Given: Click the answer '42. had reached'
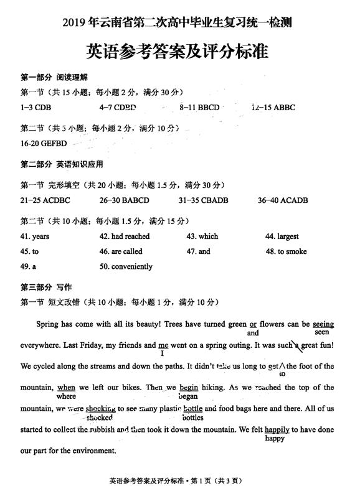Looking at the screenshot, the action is (x=125, y=236).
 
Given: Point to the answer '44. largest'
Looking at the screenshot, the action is (x=282, y=236).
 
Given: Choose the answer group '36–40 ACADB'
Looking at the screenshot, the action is (x=283, y=200).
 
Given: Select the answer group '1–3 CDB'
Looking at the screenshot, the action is (x=35, y=108).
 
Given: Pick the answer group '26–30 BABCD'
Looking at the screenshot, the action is (x=125, y=200).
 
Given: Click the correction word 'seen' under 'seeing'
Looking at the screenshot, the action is (x=321, y=332).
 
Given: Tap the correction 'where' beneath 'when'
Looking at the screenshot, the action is (x=66, y=396).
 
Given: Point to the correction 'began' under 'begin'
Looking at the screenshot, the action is (x=187, y=396).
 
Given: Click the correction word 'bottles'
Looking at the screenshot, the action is (x=193, y=418).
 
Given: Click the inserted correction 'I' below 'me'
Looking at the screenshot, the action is (x=162, y=353).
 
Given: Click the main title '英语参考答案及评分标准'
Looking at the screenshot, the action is (x=177, y=51).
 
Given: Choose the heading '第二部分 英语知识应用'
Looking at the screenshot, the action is (x=62, y=165).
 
